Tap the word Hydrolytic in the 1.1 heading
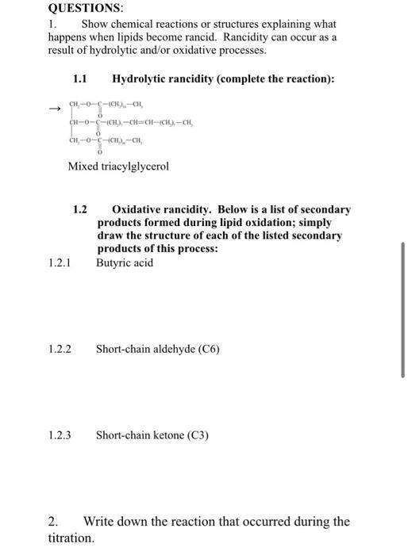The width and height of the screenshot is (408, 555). (140, 79)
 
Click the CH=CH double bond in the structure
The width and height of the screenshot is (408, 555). (147, 124)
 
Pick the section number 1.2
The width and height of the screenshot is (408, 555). (79, 210)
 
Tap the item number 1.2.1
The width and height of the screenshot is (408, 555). (60, 262)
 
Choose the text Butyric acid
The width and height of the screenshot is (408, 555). (125, 262)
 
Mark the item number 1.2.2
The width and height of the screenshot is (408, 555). (60, 349)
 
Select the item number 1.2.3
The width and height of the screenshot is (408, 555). (60, 435)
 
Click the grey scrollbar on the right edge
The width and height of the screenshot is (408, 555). (403, 309)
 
